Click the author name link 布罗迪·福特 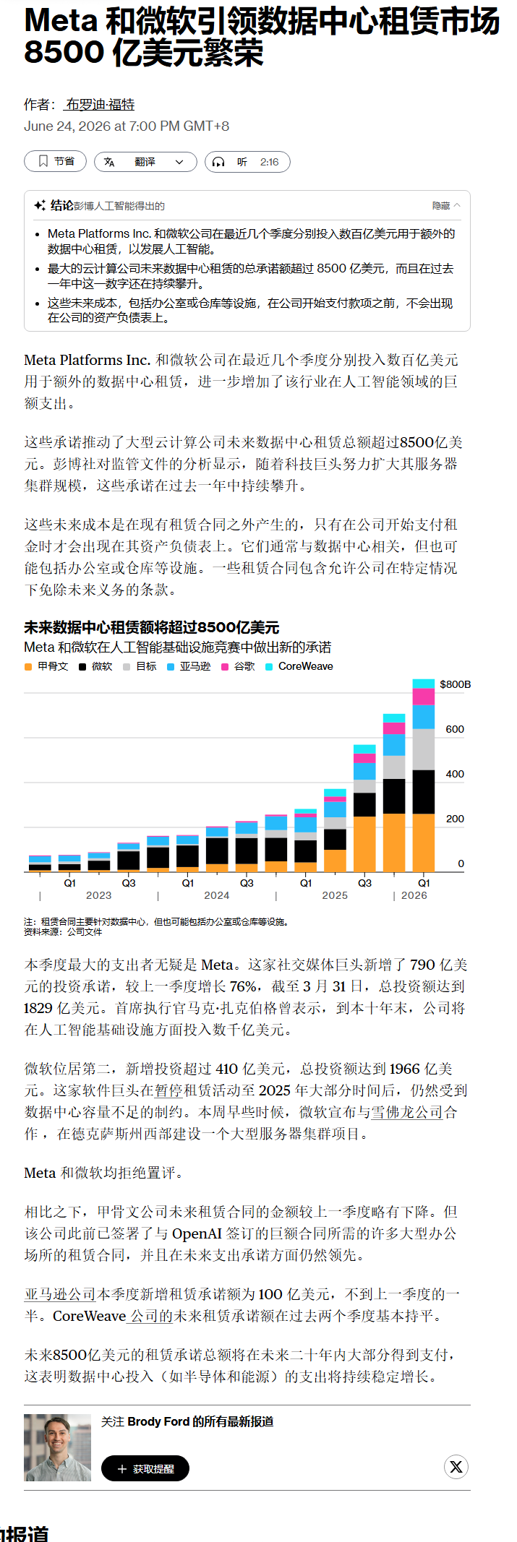point(100,105)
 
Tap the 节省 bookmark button point(55,162)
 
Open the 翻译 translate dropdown point(145,162)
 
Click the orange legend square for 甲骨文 point(27,667)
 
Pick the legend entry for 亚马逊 point(189,666)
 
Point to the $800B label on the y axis point(455,684)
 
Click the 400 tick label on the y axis point(455,774)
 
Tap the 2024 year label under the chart point(217,895)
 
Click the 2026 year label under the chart point(414,895)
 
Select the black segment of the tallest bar point(424,792)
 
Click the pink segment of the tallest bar point(424,697)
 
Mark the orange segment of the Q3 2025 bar point(364,844)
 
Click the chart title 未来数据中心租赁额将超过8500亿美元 point(152,627)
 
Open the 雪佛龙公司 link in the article point(407,1112)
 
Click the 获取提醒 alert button point(145,1468)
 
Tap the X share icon point(456,1467)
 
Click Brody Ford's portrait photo point(58,1447)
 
